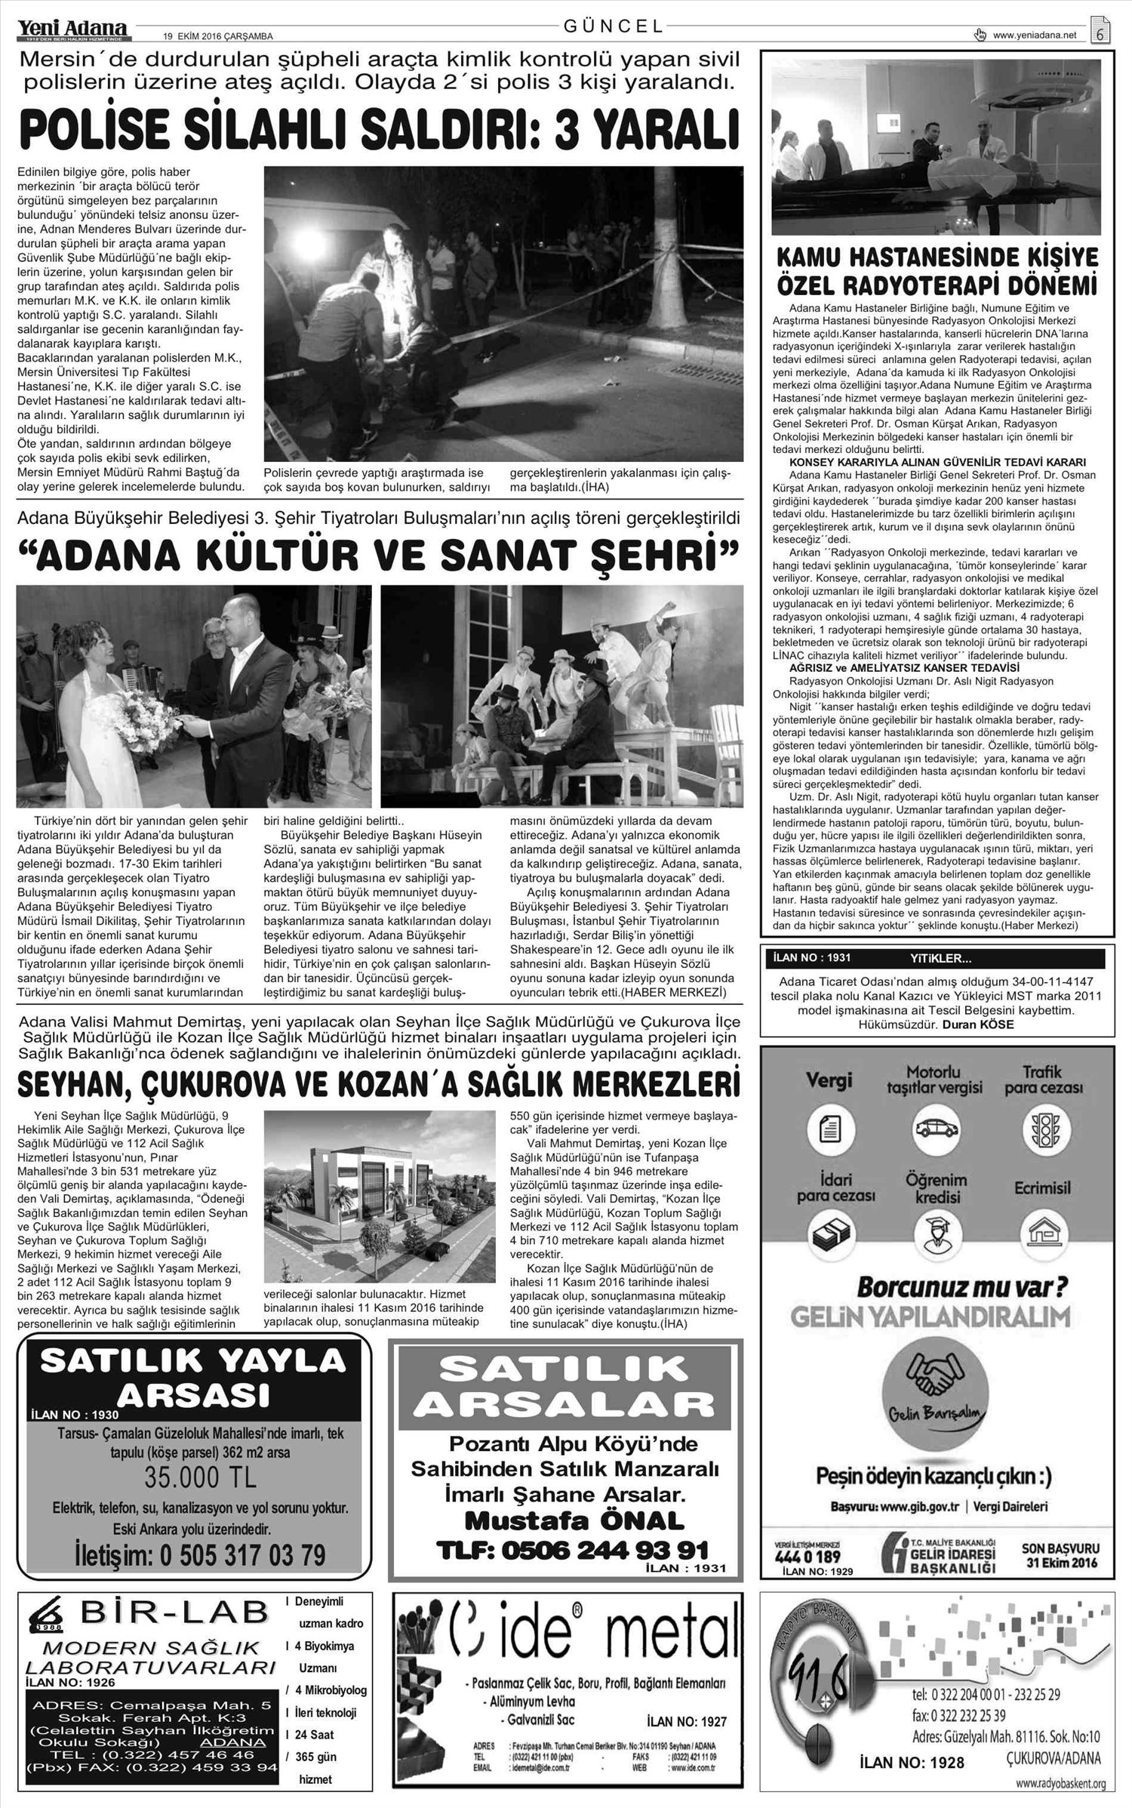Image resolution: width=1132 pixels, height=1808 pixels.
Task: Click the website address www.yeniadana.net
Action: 1034,35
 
